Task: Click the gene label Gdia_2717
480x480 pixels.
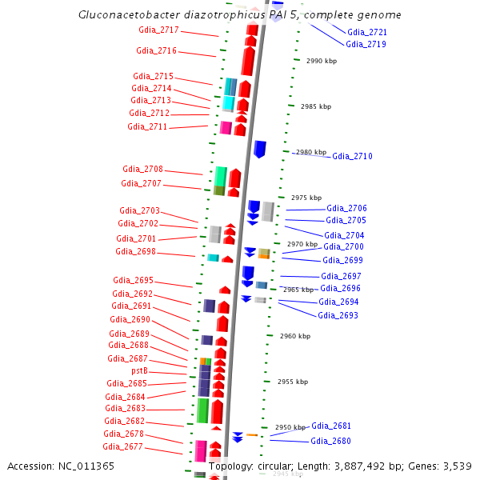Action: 158,30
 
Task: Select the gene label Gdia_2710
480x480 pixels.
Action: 352,156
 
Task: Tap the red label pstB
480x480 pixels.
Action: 139,371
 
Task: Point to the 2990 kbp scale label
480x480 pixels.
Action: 321,61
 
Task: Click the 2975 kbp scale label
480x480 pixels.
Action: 306,198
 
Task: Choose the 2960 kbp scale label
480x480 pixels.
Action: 294,336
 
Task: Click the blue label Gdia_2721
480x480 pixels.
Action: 367,32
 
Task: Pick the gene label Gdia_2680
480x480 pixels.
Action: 330,441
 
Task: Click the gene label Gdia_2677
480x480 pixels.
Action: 122,446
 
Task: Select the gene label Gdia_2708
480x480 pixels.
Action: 142,170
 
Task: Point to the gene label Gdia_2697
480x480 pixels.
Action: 341,276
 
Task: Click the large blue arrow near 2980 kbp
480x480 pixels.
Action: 260,149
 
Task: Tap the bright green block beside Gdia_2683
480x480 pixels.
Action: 203,410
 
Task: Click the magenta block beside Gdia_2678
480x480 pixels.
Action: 201,450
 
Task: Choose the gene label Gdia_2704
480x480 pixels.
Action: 344,235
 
